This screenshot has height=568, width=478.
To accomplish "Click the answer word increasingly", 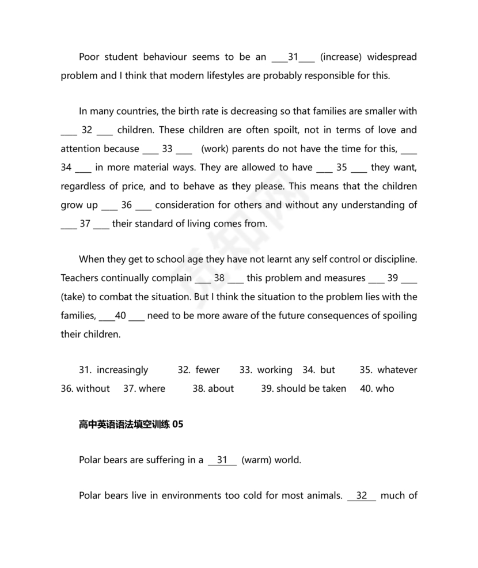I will point(122,370).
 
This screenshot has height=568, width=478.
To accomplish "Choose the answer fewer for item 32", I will point(207,370).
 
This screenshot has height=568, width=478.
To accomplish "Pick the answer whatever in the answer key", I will point(397,370).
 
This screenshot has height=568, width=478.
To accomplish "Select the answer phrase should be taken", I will point(311,388).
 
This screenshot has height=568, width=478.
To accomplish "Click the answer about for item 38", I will point(221,388).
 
